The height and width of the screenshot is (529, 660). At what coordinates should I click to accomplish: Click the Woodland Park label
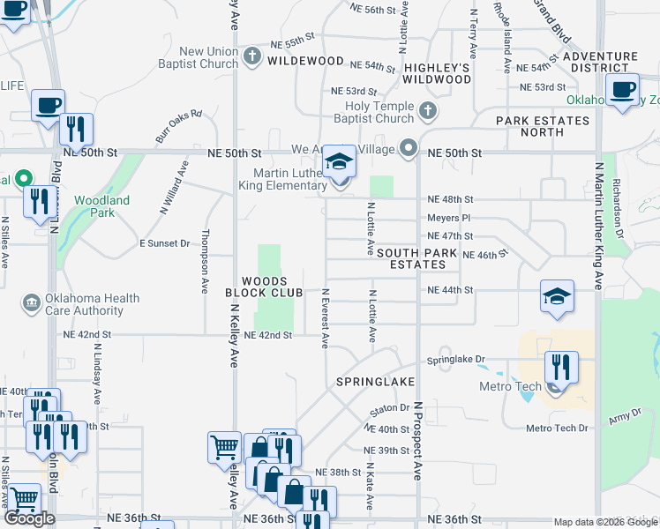(102, 206)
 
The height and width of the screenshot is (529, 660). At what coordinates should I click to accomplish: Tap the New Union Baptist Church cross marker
(252, 57)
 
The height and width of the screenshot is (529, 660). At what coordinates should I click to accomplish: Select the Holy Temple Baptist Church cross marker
(428, 112)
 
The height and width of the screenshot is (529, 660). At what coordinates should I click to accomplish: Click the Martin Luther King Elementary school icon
(338, 163)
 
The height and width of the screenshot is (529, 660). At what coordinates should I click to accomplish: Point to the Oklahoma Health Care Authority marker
(32, 303)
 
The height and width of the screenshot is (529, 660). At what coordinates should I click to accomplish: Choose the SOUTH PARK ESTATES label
(417, 258)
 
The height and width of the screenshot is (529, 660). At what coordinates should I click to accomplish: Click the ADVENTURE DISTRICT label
(599, 62)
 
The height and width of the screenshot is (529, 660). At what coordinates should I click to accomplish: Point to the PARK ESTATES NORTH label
(542, 126)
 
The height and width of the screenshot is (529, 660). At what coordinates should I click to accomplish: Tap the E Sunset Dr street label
(165, 243)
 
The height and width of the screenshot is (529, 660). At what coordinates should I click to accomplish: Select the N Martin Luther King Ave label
(598, 226)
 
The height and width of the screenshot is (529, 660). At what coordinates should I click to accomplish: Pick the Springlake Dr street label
(457, 360)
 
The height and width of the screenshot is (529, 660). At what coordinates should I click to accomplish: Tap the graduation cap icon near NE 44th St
(557, 298)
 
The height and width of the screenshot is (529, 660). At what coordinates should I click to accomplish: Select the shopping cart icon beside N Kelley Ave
(224, 446)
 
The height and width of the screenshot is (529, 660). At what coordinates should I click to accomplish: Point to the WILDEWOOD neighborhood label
(305, 62)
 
